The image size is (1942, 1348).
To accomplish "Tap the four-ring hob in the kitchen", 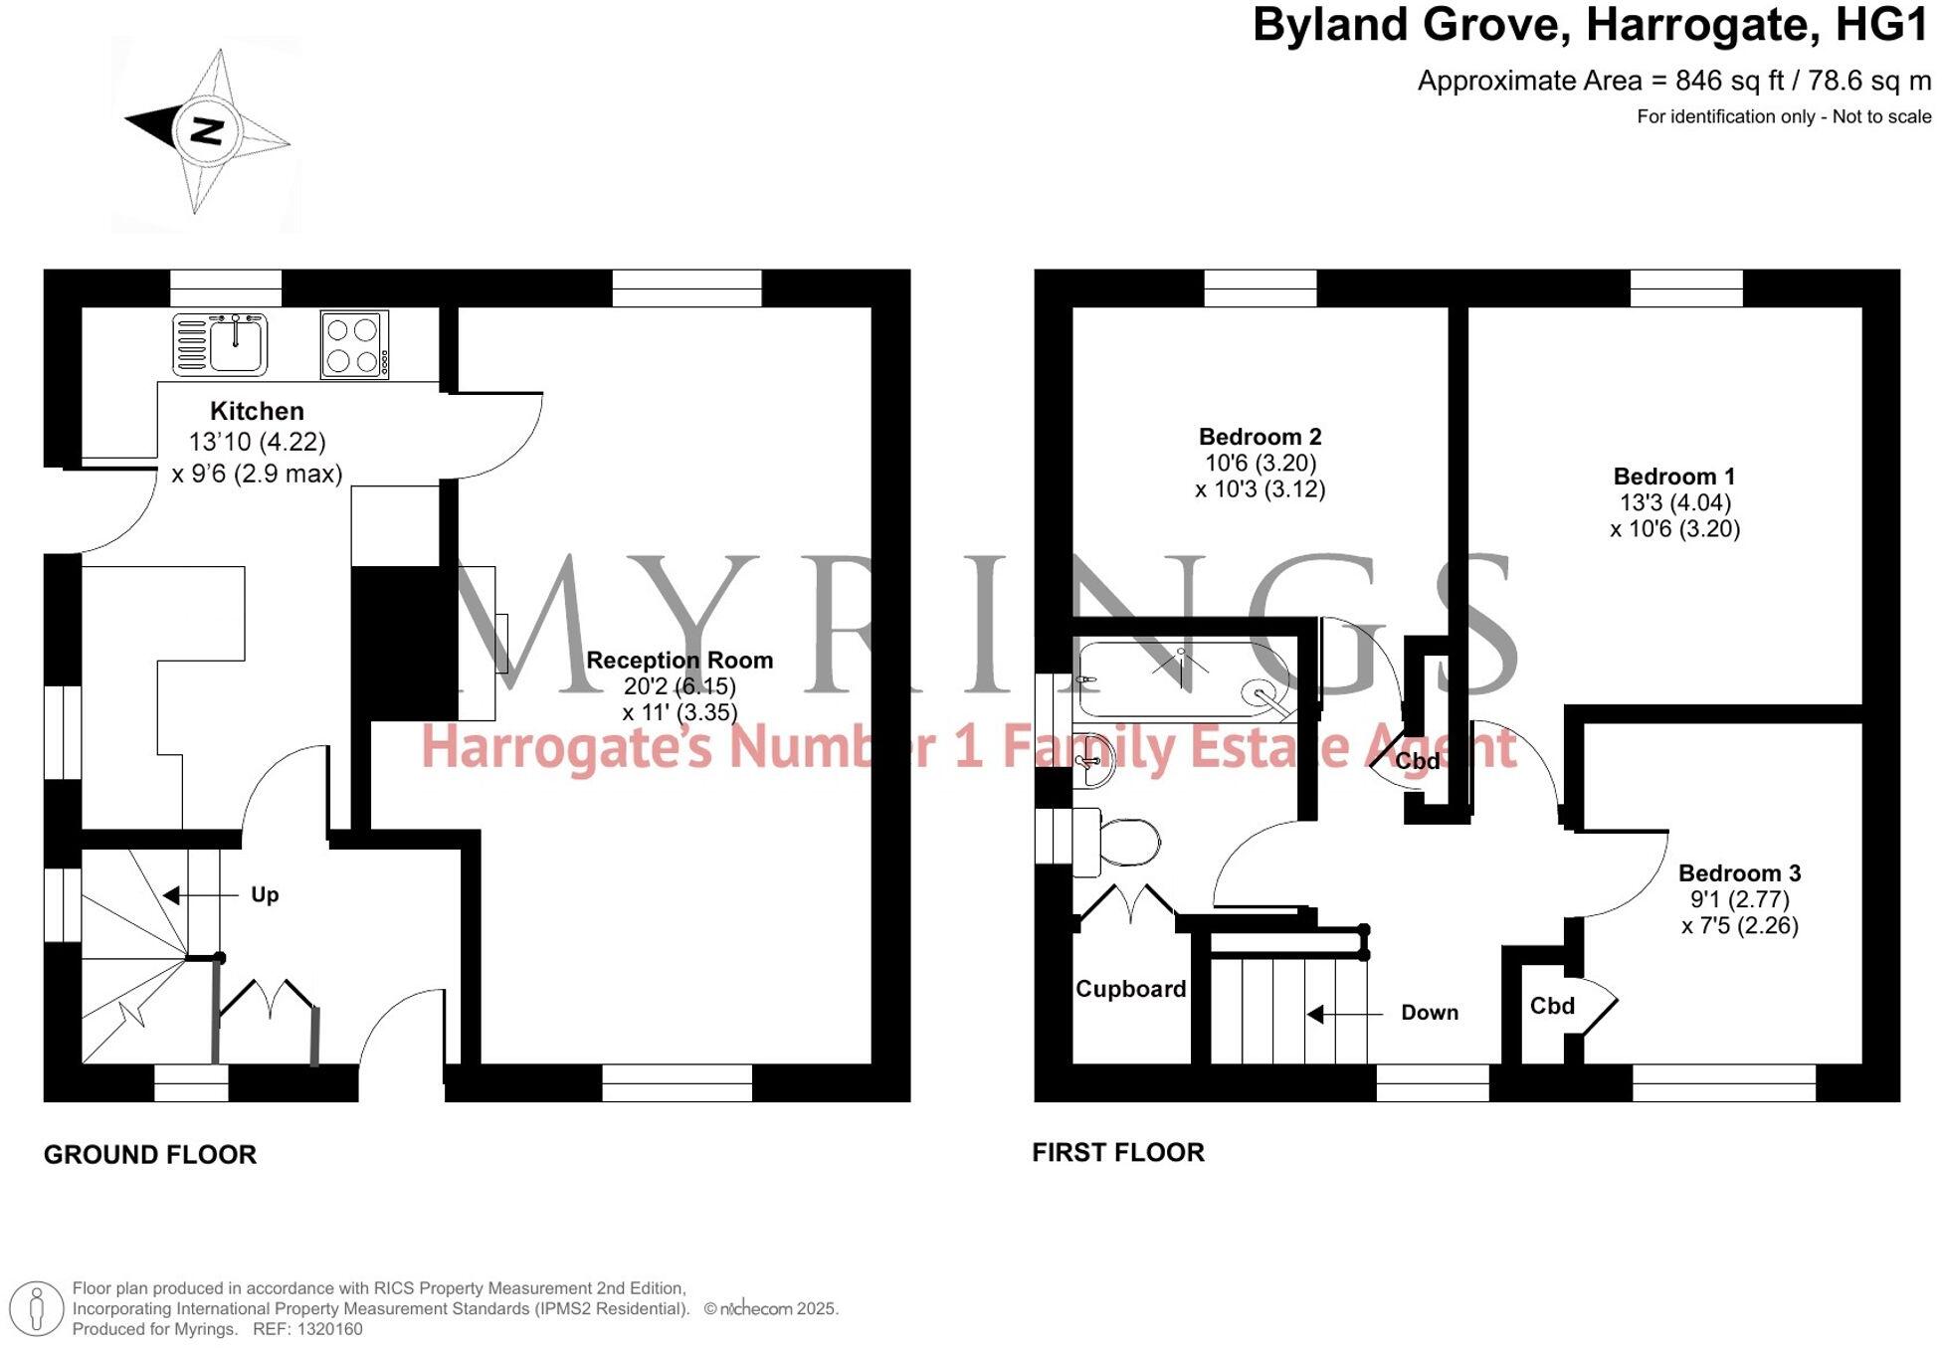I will (x=354, y=344).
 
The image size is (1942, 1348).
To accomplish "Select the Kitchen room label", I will (x=257, y=411).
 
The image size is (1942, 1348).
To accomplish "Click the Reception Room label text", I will (x=679, y=660).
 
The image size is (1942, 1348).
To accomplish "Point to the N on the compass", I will (x=207, y=129).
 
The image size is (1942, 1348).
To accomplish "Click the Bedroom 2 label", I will (x=1260, y=437).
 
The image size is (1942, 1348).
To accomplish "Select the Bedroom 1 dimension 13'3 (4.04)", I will (x=1674, y=502).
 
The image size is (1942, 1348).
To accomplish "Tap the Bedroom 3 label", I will (x=1739, y=873).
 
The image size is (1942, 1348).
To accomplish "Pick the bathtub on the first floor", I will (x=1184, y=680).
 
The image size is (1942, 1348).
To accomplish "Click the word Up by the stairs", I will (x=265, y=894).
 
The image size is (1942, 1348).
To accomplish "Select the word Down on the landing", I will (x=1429, y=1013).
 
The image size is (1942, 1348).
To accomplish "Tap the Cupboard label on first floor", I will (x=1130, y=989).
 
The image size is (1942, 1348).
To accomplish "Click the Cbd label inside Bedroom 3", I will (x=1551, y=1006).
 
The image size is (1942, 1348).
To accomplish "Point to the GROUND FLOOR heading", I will (x=150, y=1154).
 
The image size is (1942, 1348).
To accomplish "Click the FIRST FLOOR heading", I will (x=1117, y=1152).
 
